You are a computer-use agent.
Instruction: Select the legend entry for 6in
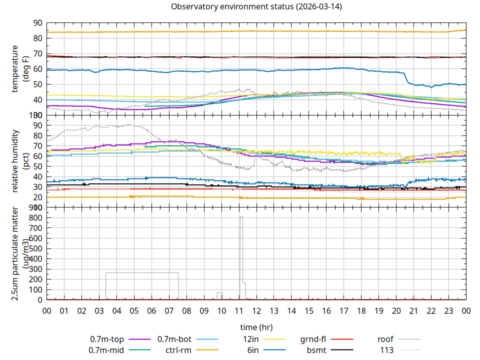coord(253,350)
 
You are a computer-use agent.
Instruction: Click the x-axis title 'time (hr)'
coord(256,327)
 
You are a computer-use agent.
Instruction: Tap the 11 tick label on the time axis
coord(239,310)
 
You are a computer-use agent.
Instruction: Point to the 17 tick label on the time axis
coord(344,310)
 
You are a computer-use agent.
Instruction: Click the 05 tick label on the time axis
coord(134,310)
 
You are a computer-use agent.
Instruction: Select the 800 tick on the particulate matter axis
coord(35,217)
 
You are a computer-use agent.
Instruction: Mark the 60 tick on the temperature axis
coord(38,69)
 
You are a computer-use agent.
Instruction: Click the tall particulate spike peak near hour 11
coord(241,217)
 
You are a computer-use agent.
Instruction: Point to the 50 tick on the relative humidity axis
coord(38,166)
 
